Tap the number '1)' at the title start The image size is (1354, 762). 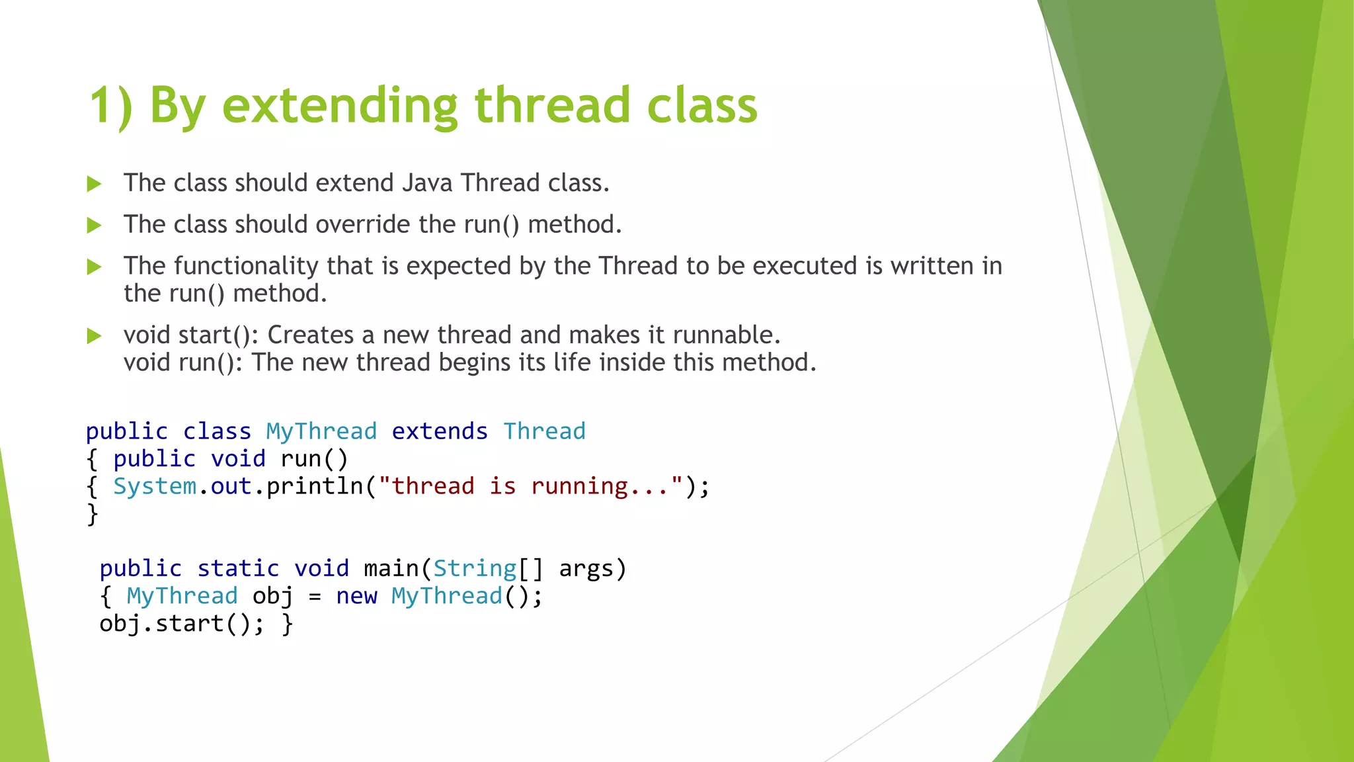110,106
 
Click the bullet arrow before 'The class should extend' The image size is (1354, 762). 94,184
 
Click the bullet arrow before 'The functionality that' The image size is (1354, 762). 94,267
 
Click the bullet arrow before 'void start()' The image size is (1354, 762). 94,336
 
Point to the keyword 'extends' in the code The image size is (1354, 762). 440,431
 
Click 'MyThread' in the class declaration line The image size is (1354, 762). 321,431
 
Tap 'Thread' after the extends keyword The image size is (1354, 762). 544,431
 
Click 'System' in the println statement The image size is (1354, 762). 155,486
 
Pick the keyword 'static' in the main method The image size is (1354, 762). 238,569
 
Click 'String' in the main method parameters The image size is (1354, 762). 475,569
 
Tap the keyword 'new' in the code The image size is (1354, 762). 356,596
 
